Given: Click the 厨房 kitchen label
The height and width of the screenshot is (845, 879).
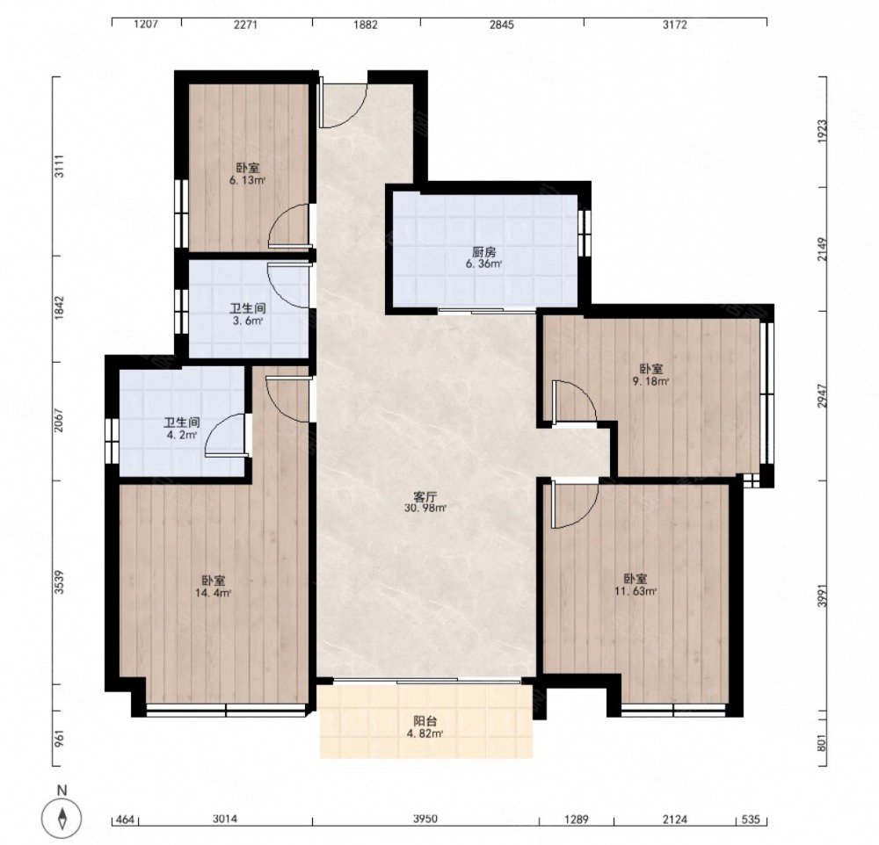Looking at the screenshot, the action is pos(483,253).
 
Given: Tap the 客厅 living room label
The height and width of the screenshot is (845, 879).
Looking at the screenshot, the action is pos(425,497).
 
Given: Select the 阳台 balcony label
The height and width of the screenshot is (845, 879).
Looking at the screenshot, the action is pos(425,722).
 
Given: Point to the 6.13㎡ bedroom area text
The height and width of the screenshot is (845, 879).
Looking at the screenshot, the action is pos(247,180).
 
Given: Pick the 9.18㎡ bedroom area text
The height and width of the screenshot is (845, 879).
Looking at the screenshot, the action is pos(650,381).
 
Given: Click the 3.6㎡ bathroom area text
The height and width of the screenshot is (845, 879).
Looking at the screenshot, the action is pos(248,321).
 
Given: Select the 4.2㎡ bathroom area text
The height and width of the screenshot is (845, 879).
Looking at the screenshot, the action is pos(182,435).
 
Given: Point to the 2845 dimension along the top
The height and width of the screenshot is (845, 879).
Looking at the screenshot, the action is pos(501,25).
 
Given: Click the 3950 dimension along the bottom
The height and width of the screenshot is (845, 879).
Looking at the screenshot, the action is pos(425,820).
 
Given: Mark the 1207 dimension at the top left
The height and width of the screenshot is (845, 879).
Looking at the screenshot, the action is pos(148,25).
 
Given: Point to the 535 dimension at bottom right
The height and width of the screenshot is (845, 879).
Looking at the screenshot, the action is pos(751,820).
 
